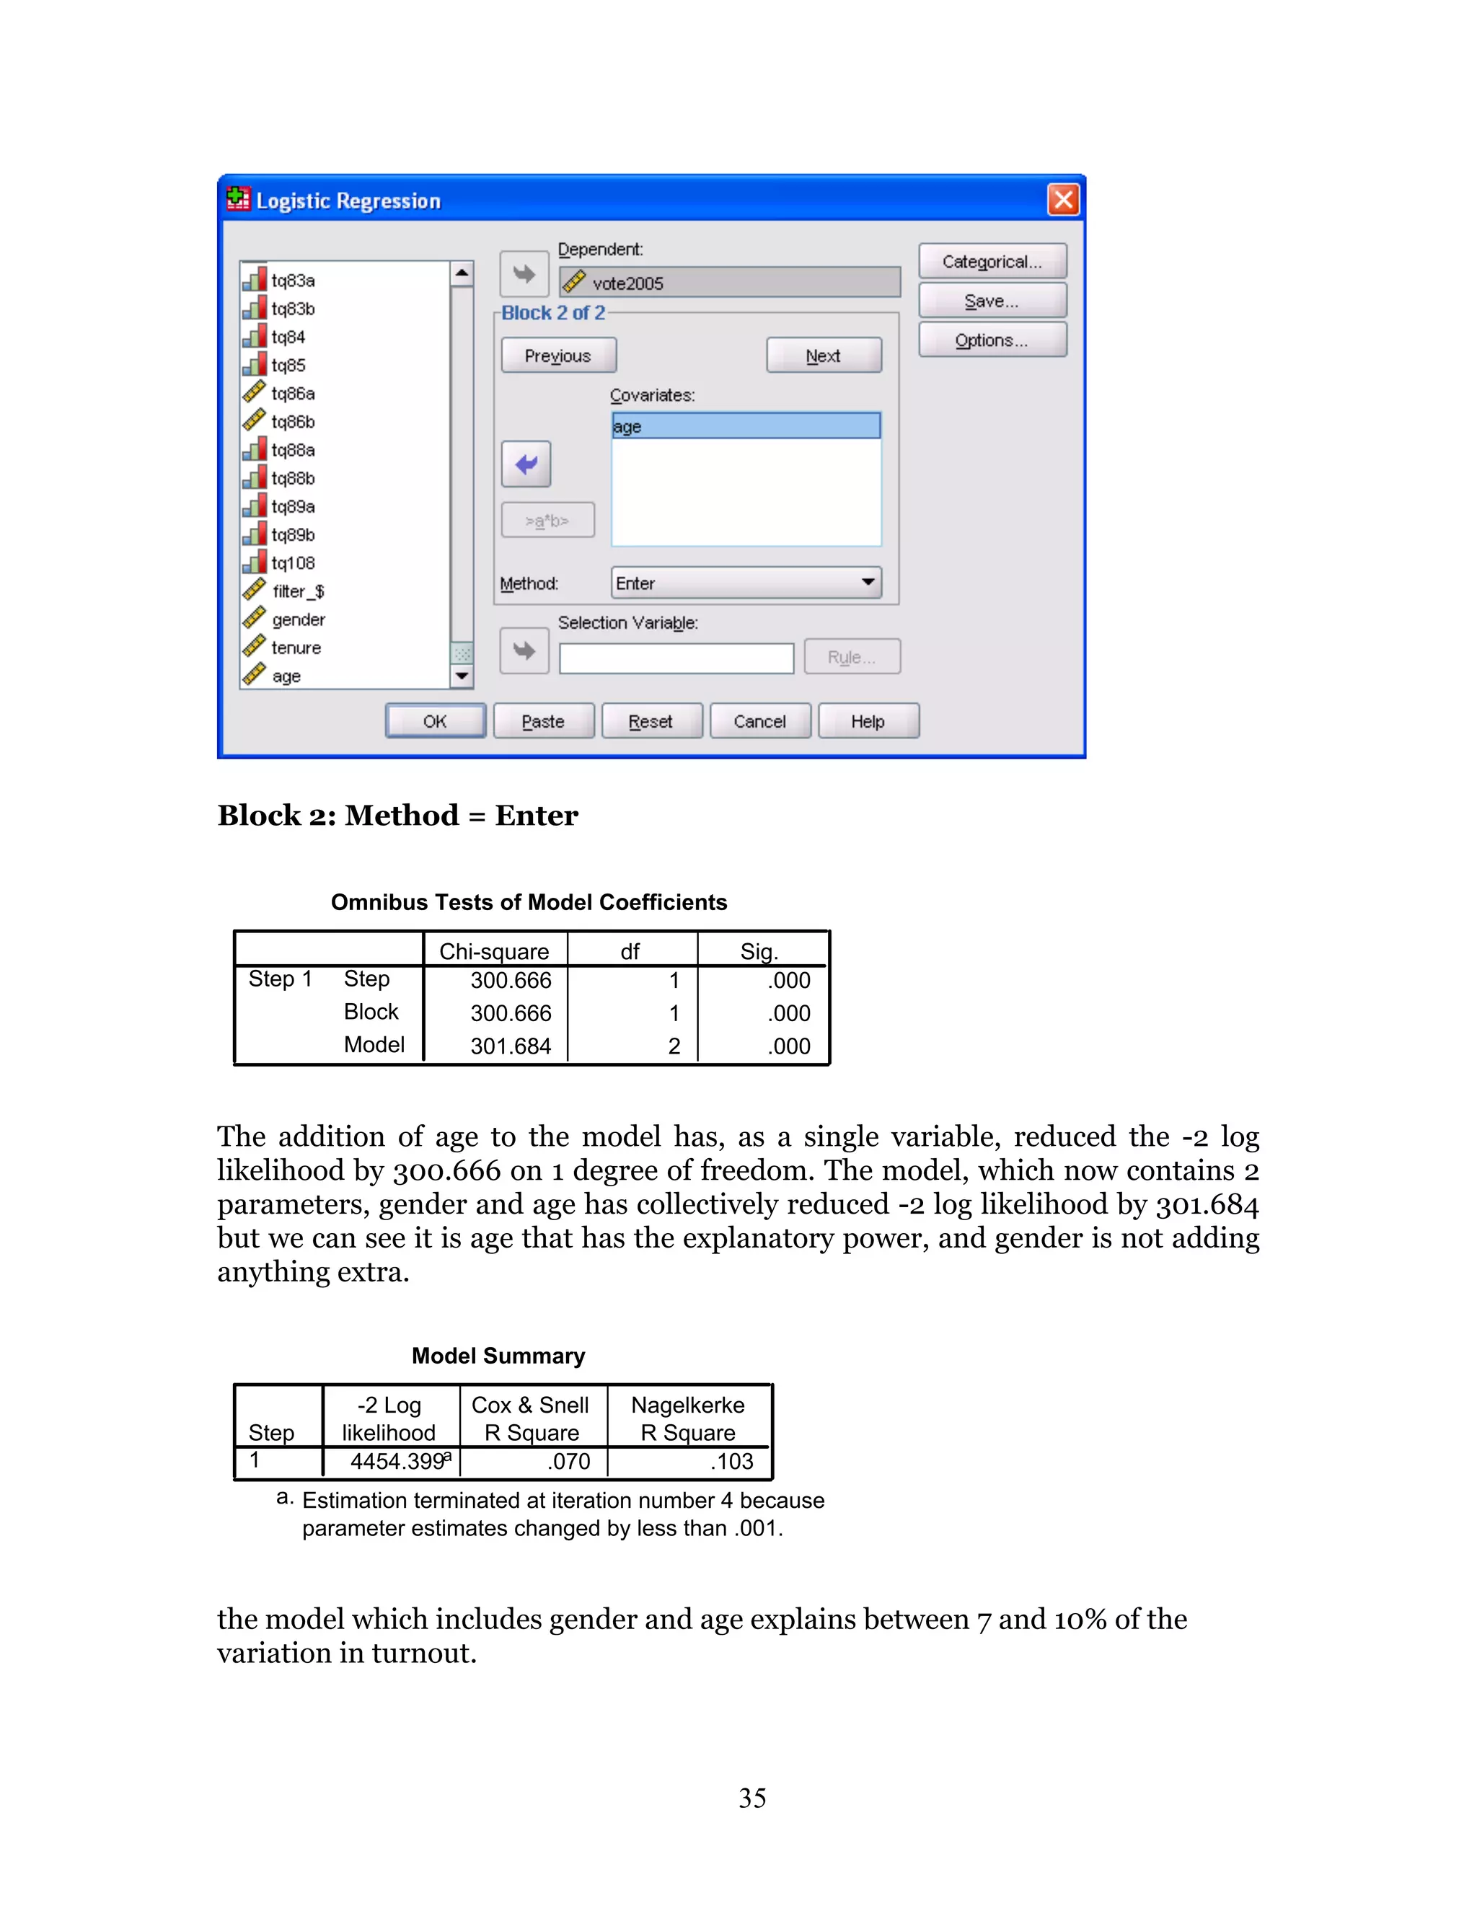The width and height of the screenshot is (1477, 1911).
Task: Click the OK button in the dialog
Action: [435, 721]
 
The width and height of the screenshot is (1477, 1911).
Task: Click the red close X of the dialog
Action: [1063, 200]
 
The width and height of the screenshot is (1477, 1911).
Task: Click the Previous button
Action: [558, 356]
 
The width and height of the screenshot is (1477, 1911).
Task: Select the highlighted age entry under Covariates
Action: [746, 426]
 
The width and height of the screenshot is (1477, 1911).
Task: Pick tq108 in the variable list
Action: [292, 562]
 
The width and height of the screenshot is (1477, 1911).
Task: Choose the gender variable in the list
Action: [298, 619]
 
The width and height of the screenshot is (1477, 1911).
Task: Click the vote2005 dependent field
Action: [730, 283]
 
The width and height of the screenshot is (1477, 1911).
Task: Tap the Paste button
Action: [543, 721]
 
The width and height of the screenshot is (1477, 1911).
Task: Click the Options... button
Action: [992, 340]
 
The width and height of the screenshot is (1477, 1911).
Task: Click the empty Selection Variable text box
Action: [676, 658]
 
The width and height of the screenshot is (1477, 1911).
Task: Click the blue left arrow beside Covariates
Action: [526, 464]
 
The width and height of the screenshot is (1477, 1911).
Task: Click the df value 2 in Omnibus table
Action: [674, 1046]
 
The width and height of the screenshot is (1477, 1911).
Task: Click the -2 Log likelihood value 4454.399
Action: [397, 1461]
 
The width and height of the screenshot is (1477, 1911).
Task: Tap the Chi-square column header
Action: [494, 951]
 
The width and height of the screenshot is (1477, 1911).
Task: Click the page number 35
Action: [751, 1798]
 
